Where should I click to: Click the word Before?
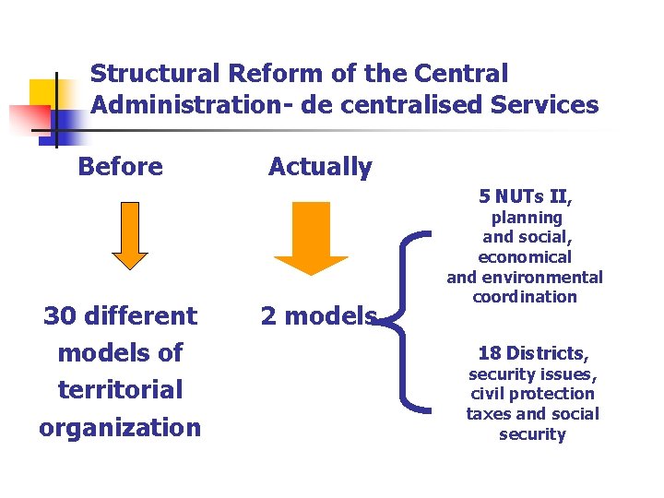121,167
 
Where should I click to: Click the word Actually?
320,167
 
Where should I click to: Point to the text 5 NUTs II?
524,196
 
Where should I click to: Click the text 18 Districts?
533,353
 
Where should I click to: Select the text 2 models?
319,316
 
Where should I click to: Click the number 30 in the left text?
61,316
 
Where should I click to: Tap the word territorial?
120,390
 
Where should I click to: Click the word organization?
120,428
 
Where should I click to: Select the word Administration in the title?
187,105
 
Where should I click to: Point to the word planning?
527,218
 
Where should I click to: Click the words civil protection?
532,394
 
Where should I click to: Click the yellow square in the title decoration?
43,92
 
